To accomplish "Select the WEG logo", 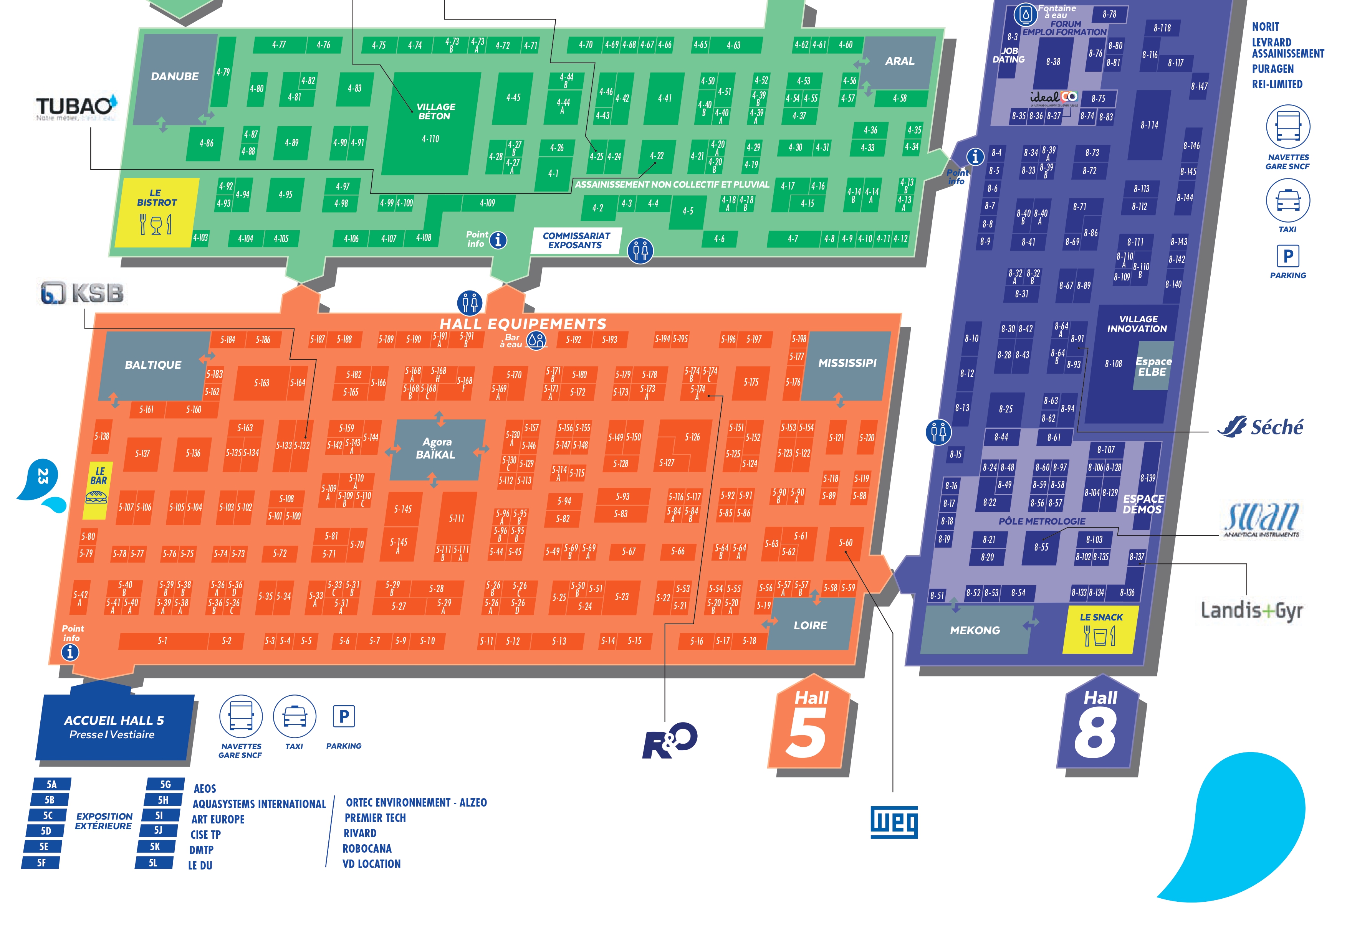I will pyautogui.click(x=894, y=822).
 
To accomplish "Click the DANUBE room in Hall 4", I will pyautogui.click(x=175, y=77).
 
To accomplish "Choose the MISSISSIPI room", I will pyautogui.click(x=847, y=363).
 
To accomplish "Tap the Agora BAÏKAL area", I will pyautogui.click(x=437, y=449).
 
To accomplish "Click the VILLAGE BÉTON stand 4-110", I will pyautogui.click(x=431, y=123).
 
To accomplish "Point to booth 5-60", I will pyautogui.click(x=846, y=543).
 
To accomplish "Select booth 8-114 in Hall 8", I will pyautogui.click(x=1149, y=125).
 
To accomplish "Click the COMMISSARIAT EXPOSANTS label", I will pyautogui.click(x=576, y=240).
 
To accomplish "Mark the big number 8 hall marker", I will pyautogui.click(x=1096, y=733).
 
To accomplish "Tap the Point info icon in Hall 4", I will pyautogui.click(x=498, y=240).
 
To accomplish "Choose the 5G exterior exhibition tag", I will pyautogui.click(x=165, y=784).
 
